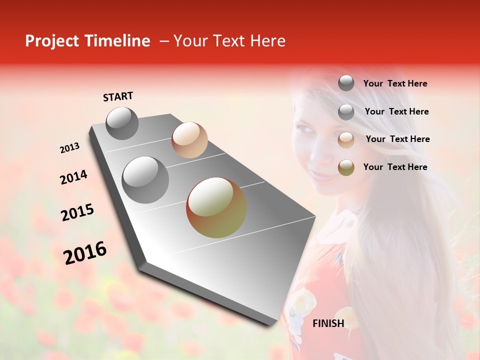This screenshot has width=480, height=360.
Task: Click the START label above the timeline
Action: pyautogui.click(x=118, y=96)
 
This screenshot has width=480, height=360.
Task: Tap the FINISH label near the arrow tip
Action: pyautogui.click(x=328, y=323)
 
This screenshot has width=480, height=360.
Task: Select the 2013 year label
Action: pyautogui.click(x=69, y=148)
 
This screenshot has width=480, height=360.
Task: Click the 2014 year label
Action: pyautogui.click(x=73, y=177)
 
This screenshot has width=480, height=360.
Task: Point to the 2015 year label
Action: pyautogui.click(x=77, y=212)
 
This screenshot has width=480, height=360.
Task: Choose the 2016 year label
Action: pyautogui.click(x=85, y=253)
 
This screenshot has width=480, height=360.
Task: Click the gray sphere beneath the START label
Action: pyautogui.click(x=122, y=123)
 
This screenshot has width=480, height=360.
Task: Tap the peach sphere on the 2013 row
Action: pyautogui.click(x=189, y=140)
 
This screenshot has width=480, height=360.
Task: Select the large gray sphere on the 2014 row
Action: pyautogui.click(x=145, y=179)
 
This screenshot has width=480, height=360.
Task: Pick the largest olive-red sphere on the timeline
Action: pyautogui.click(x=216, y=207)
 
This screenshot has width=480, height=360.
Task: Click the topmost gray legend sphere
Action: pyautogui.click(x=346, y=83)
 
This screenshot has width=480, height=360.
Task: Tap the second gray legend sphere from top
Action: pyautogui.click(x=346, y=112)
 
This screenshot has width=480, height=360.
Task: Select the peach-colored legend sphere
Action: pyautogui.click(x=346, y=140)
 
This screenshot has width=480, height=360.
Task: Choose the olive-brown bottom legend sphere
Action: pyautogui.click(x=346, y=167)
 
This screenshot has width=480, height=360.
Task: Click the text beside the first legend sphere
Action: pyautogui.click(x=395, y=84)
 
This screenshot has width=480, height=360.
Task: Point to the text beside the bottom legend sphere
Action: pyautogui.click(x=395, y=167)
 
